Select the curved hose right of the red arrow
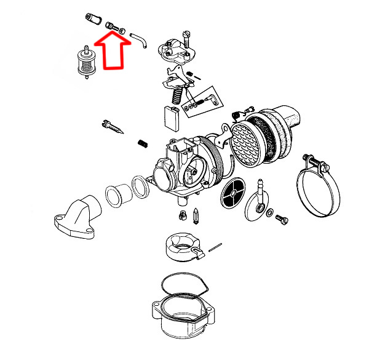point(140,40)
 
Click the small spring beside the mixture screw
point(143,143)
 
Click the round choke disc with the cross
point(232,193)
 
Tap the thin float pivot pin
point(215,247)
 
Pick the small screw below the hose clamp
point(284,218)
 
